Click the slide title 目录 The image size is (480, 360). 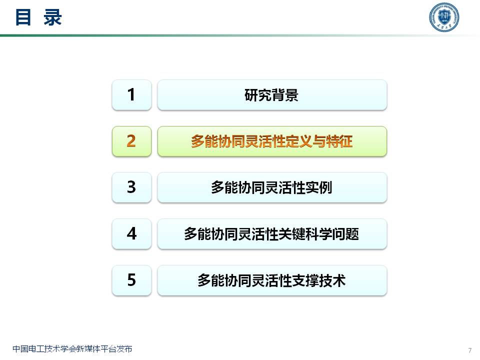38,17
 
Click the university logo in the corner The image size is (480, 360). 444,18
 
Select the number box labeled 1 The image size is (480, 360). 131,94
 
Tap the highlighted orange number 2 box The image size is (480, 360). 131,141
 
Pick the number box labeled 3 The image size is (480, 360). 131,187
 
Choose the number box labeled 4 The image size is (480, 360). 131,233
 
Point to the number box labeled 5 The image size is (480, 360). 131,280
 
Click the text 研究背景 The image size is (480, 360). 271,95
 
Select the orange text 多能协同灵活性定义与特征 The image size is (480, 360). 271,141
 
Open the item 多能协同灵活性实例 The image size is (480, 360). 271,188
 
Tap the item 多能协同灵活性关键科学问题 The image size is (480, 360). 271,234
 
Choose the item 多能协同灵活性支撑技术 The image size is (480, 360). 271,280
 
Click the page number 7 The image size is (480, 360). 469,349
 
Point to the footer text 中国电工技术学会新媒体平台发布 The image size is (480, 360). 72,349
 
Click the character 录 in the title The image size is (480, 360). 52,17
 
